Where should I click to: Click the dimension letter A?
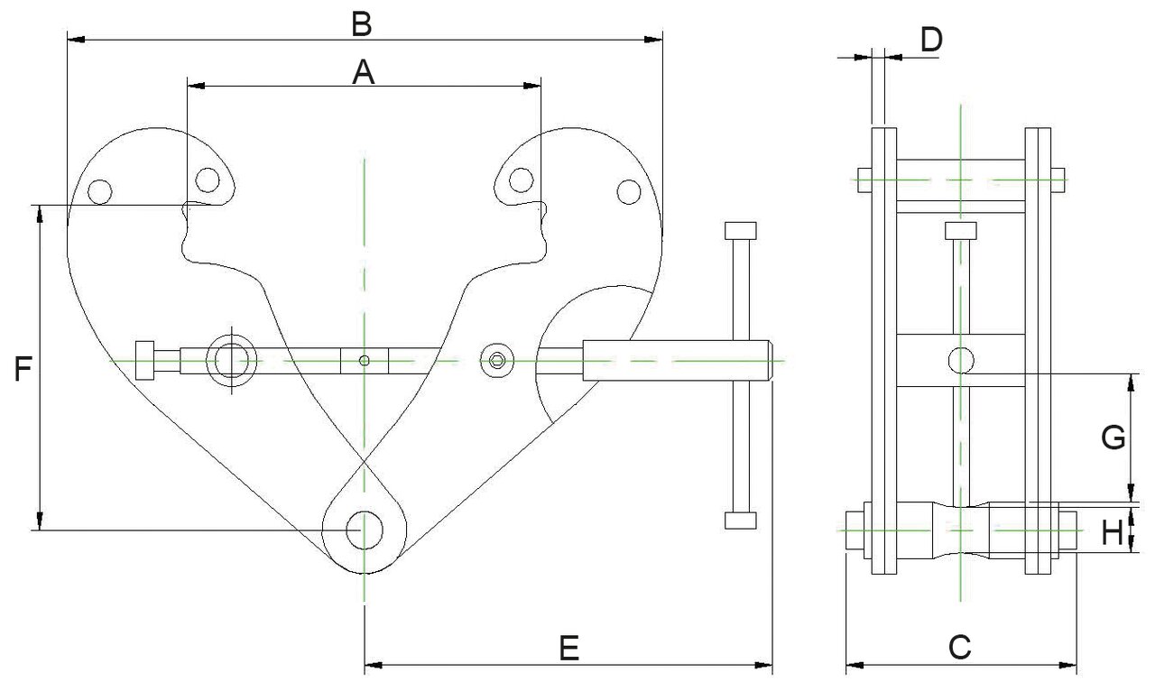tap(363, 72)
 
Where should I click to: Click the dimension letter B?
tap(362, 24)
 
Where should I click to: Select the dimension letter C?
tap(959, 646)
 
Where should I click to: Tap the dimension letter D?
tap(931, 39)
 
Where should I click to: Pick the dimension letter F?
tap(24, 369)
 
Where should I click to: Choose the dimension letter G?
tap(1113, 438)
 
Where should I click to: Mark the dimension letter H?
tap(1113, 534)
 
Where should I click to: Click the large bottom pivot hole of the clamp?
tap(364, 530)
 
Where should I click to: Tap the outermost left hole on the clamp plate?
tap(99, 191)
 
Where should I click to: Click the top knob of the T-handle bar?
tap(740, 229)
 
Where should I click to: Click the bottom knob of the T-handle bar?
tap(740, 521)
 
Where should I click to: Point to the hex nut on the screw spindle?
tap(497, 360)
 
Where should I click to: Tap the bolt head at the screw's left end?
tap(144, 361)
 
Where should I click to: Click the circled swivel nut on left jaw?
tap(230, 360)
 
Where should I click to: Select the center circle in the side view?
tap(961, 361)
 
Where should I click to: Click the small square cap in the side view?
tap(961, 231)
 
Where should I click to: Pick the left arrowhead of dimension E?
tap(370, 666)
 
